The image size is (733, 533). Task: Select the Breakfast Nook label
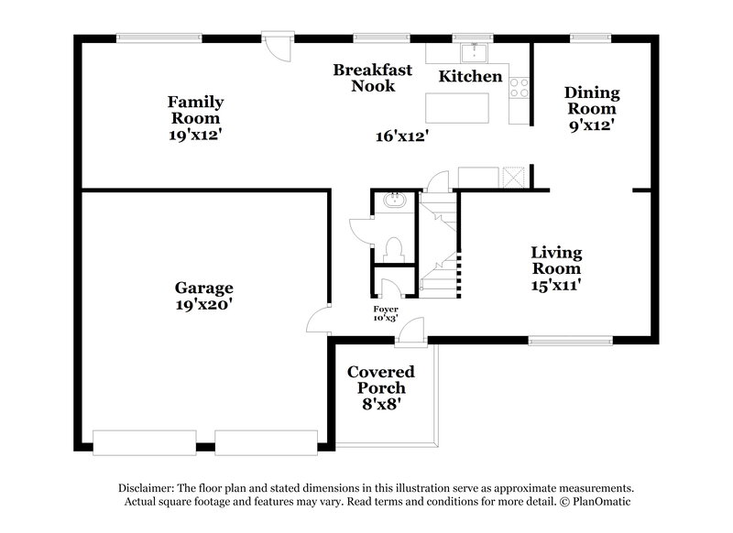[372, 78]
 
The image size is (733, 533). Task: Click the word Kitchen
[470, 77]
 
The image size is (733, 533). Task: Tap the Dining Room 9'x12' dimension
[591, 125]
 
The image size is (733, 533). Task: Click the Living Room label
[556, 260]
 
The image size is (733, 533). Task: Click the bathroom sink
[395, 199]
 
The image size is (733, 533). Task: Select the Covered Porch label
[380, 380]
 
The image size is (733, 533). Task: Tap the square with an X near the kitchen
[512, 176]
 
